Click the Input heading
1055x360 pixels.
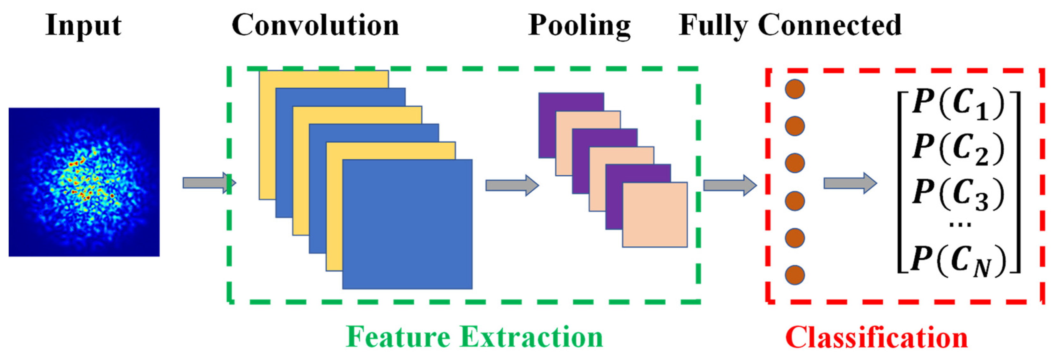click(83, 26)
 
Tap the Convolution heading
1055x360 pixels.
click(315, 26)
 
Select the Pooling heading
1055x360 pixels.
click(579, 26)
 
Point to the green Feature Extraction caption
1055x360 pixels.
click(474, 337)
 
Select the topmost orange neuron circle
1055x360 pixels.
click(794, 89)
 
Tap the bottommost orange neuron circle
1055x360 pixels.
click(794, 275)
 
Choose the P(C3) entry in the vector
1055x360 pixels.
click(958, 194)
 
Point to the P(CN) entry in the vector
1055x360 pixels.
click(958, 261)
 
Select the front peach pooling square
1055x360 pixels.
click(654, 215)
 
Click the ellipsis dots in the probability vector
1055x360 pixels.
click(959, 224)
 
